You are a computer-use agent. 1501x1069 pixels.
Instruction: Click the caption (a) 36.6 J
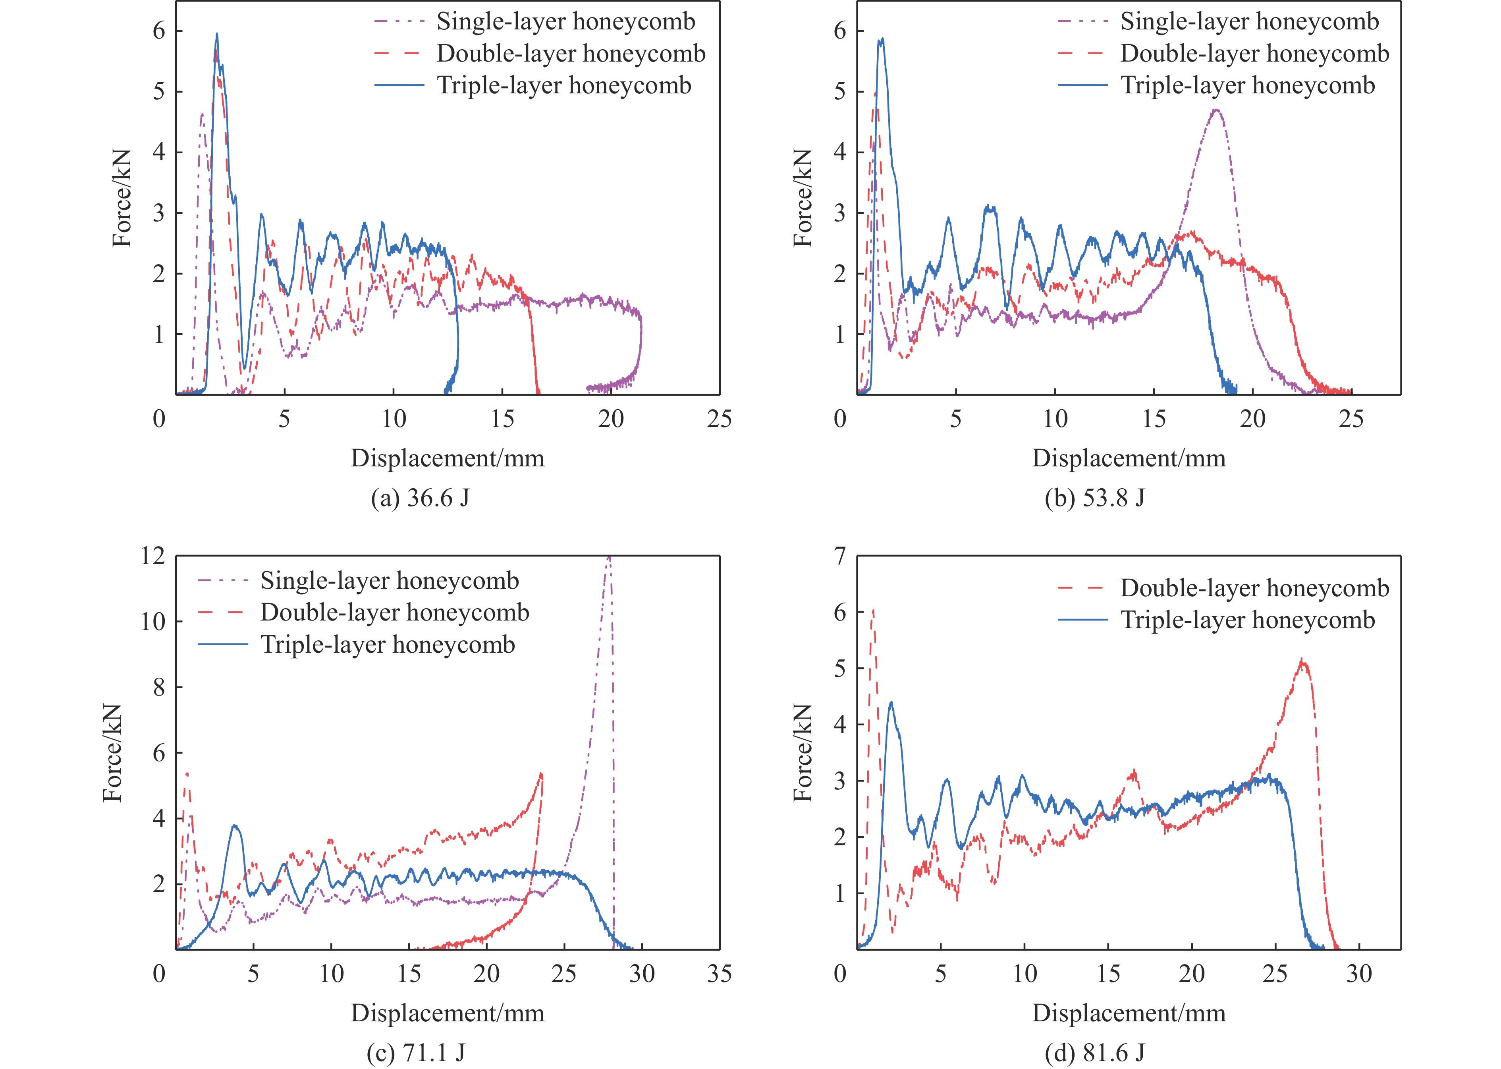pyautogui.click(x=420, y=498)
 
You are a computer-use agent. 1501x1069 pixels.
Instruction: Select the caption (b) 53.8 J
pyautogui.click(x=1094, y=498)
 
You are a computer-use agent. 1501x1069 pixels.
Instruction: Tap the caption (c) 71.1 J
pyautogui.click(x=416, y=1053)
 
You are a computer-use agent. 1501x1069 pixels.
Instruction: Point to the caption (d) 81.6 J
pyautogui.click(x=1094, y=1053)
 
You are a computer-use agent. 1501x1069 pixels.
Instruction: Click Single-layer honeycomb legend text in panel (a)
pyautogui.click(x=565, y=22)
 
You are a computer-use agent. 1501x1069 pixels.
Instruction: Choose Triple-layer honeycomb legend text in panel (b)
pyautogui.click(x=1248, y=85)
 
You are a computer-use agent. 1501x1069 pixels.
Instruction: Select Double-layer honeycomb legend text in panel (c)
pyautogui.click(x=395, y=613)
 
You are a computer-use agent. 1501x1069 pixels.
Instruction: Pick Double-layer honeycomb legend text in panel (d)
pyautogui.click(x=1254, y=588)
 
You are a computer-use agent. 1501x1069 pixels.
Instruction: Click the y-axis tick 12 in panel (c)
pyautogui.click(x=152, y=557)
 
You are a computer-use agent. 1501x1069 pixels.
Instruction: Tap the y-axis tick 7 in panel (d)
pyautogui.click(x=840, y=557)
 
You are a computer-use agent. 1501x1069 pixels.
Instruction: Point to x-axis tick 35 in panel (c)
pyautogui.click(x=719, y=974)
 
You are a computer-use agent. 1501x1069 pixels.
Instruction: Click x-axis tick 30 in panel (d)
pyautogui.click(x=1358, y=974)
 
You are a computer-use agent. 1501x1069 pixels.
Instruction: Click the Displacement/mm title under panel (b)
pyautogui.click(x=1129, y=458)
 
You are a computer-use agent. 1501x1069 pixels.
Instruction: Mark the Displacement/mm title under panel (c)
pyautogui.click(x=448, y=1013)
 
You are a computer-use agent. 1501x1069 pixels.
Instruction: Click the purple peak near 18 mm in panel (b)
pyautogui.click(x=1216, y=110)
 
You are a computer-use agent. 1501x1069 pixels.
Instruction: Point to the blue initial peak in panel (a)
pyautogui.click(x=216, y=34)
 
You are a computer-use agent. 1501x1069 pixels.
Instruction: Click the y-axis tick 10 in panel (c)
pyautogui.click(x=152, y=621)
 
